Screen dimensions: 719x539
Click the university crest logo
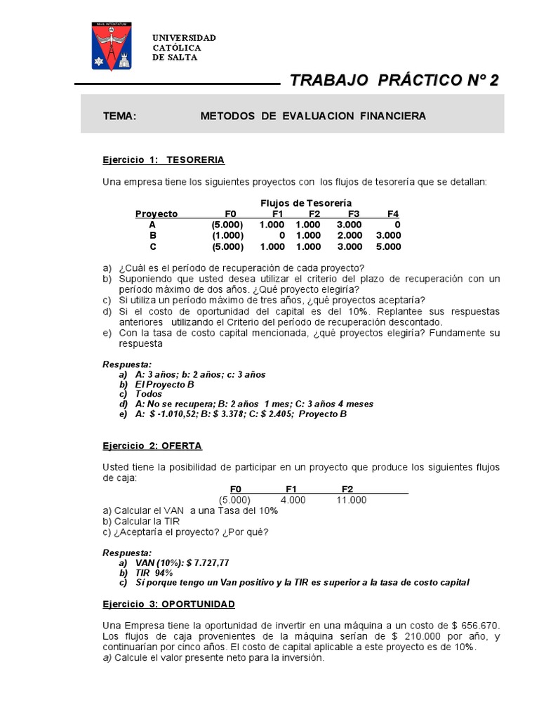[x=113, y=46]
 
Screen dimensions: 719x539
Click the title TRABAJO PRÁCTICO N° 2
[x=394, y=81]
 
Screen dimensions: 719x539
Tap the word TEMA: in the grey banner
[x=119, y=116]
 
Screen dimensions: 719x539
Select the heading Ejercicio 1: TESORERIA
[x=164, y=160]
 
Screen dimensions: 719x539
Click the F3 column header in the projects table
[x=353, y=213]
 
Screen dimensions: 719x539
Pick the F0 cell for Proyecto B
[x=227, y=235]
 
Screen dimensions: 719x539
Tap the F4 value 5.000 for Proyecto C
[x=388, y=246]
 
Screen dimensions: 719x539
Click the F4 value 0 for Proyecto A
[x=397, y=225]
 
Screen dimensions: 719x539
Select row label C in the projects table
[x=152, y=246]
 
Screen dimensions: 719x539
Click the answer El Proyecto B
[x=164, y=384]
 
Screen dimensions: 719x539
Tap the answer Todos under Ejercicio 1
[x=148, y=394]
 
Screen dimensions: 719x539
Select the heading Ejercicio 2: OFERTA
[x=152, y=446]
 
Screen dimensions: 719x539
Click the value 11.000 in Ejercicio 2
[x=352, y=500]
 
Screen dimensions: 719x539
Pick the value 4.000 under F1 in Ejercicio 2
[x=293, y=500]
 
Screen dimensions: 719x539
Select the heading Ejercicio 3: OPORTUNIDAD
[x=168, y=604]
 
